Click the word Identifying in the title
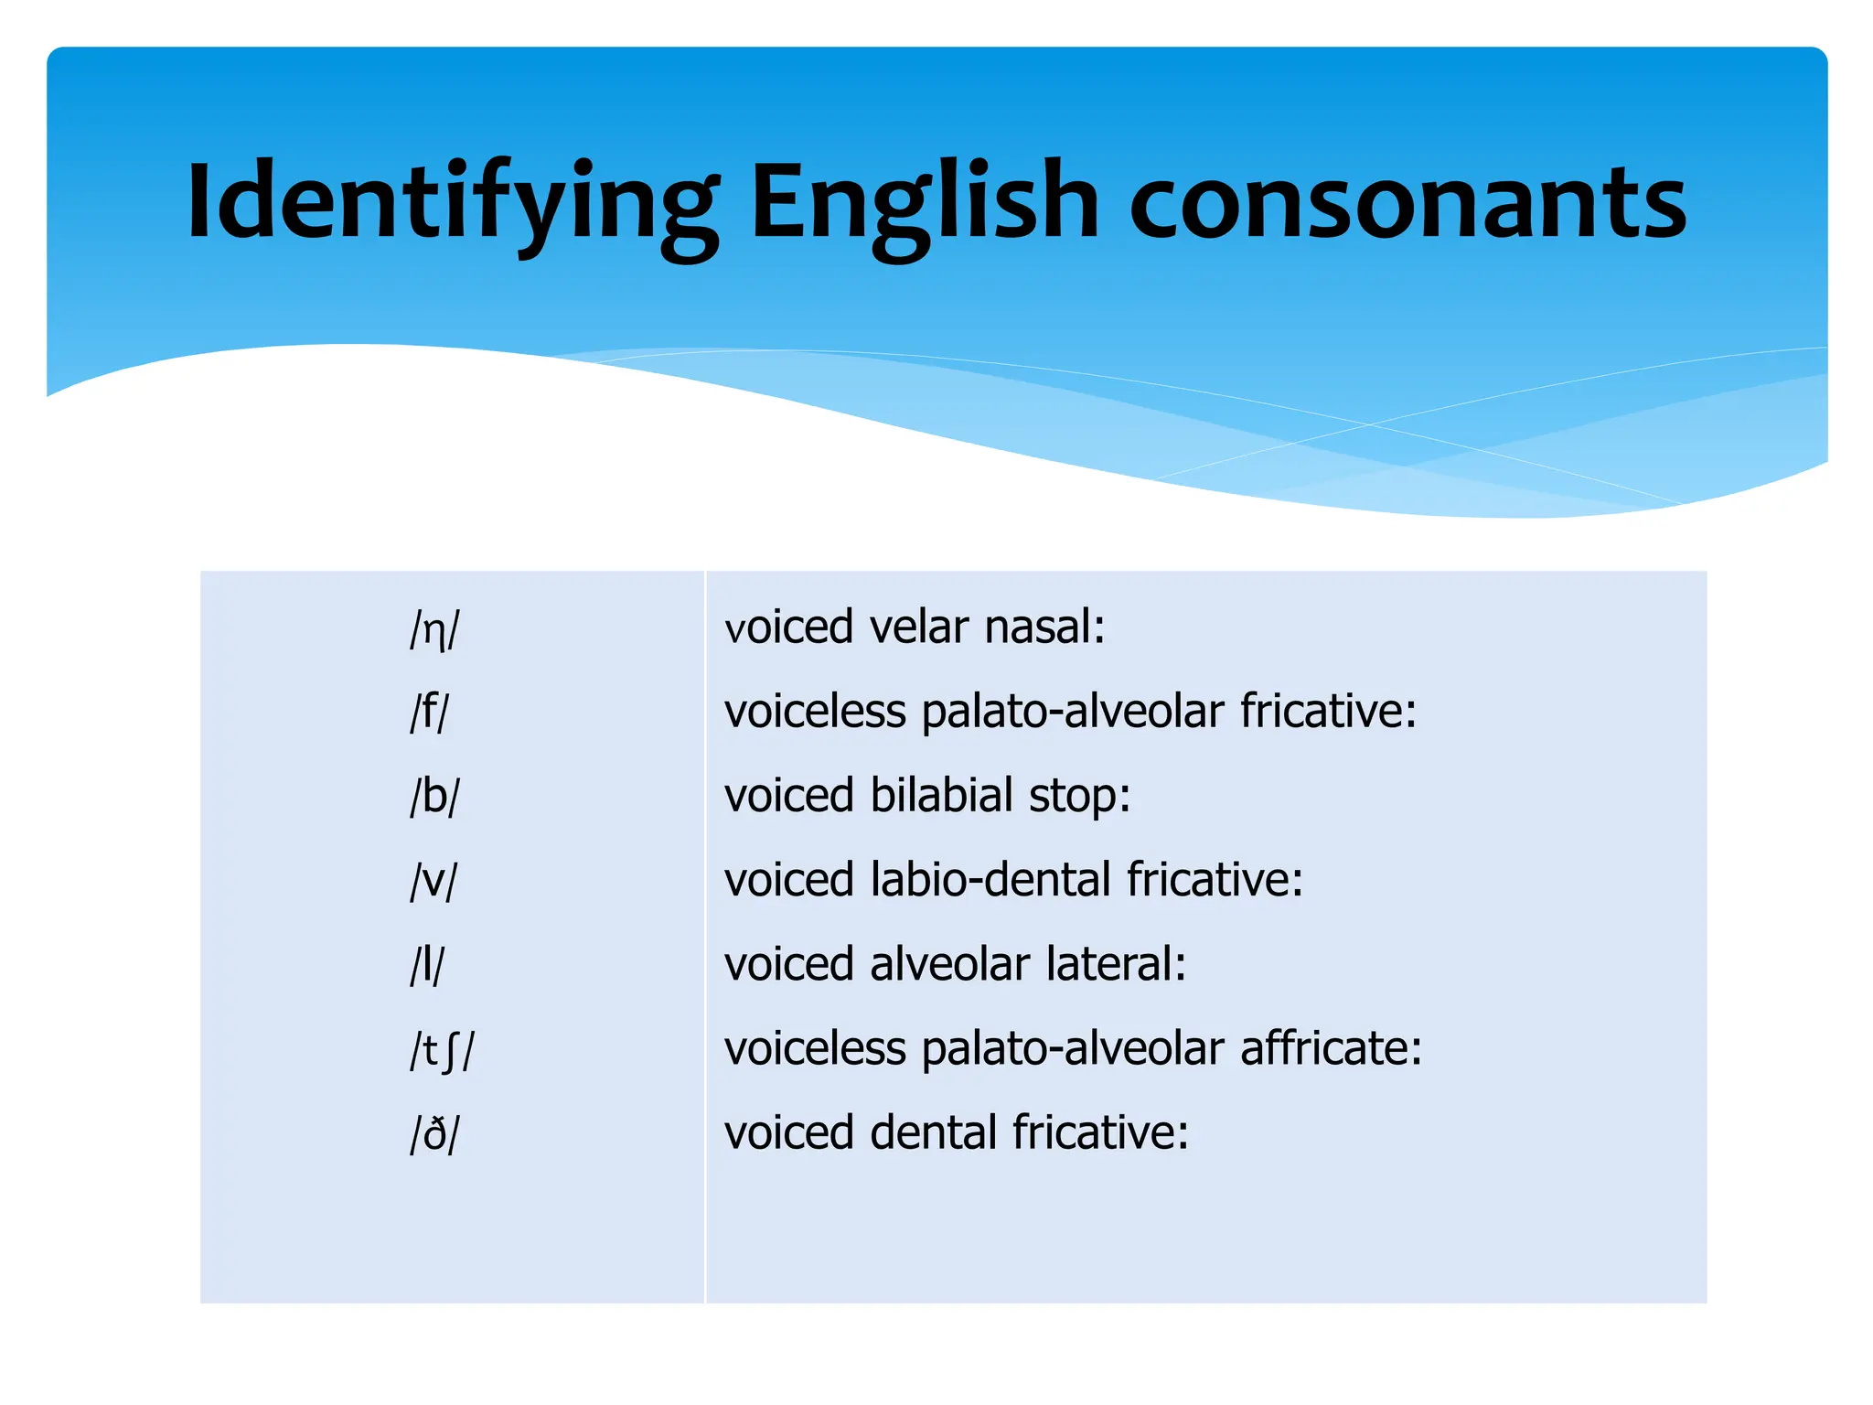(x=453, y=203)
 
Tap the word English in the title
(x=924, y=203)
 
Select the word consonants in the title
(x=1407, y=203)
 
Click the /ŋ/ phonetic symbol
(x=434, y=629)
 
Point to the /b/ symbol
(x=434, y=797)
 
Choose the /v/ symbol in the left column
(x=433, y=881)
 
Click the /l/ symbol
(x=427, y=965)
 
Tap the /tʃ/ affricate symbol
(x=442, y=1050)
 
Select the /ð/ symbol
(x=434, y=1134)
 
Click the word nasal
(x=1044, y=627)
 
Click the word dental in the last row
(x=932, y=1132)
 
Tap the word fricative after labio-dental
(x=1214, y=880)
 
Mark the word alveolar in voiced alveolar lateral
(x=949, y=964)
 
